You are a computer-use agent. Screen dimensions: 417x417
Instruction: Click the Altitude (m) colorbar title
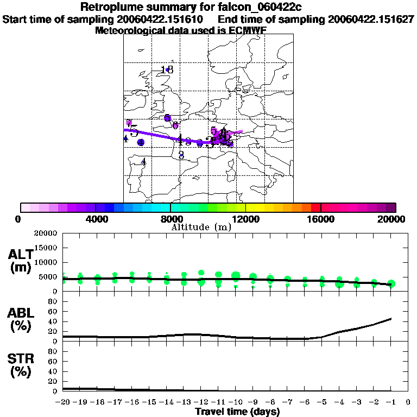pyautogui.click(x=201, y=227)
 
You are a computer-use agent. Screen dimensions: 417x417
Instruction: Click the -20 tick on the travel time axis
pyautogui.click(x=63, y=402)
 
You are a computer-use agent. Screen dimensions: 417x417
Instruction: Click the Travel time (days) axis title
pyautogui.click(x=237, y=412)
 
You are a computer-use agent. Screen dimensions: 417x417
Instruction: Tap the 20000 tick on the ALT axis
pyautogui.click(x=46, y=233)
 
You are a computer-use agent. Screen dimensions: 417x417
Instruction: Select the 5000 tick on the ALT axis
pyautogui.click(x=48, y=277)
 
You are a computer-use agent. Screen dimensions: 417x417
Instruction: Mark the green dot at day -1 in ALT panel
pyautogui.click(x=391, y=284)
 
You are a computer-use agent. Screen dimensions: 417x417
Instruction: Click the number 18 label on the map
pyautogui.click(x=167, y=69)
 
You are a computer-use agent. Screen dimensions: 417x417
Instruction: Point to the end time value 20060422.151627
pyautogui.click(x=371, y=19)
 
